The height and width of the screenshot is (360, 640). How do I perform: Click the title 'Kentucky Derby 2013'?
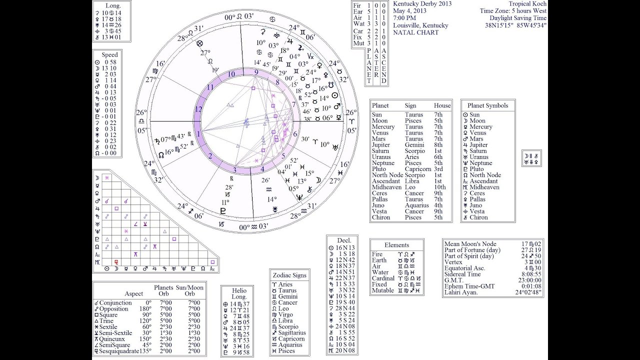tap(422, 4)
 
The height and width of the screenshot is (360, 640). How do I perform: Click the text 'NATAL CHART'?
tap(415, 32)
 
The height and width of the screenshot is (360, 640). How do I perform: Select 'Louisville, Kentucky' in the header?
tap(420, 25)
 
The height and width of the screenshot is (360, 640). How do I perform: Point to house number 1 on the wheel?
tap(198, 134)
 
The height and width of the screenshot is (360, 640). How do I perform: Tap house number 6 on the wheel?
tap(295, 134)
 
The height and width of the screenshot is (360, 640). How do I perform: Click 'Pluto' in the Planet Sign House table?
tap(379, 169)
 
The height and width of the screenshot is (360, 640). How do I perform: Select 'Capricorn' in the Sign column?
tap(418, 169)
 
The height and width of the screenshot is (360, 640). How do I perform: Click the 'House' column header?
tap(442, 105)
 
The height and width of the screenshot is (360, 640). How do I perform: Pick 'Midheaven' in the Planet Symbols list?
tap(484, 187)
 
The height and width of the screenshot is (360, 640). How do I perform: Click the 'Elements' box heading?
tap(397, 245)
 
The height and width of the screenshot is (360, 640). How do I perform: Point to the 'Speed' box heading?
tap(110, 55)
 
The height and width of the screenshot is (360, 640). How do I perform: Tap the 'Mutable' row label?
tap(382, 290)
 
